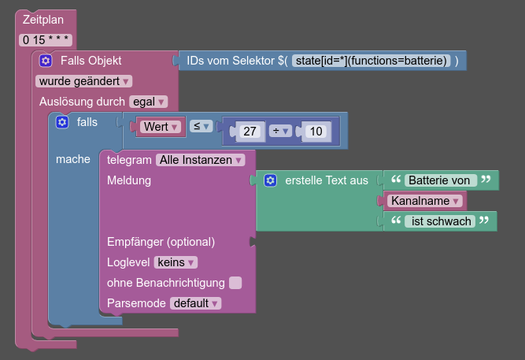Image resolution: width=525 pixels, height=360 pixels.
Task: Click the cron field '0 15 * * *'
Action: click(x=46, y=39)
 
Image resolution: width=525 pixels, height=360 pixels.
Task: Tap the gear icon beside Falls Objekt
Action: click(x=46, y=60)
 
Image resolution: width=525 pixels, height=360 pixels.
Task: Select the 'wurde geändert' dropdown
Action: click(x=84, y=80)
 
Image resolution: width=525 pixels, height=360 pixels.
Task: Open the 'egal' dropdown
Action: click(x=149, y=101)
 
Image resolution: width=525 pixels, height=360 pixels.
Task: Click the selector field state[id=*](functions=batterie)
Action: click(x=371, y=60)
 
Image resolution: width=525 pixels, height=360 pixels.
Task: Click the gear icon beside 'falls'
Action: click(x=62, y=122)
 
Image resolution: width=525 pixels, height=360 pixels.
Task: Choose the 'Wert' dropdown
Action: click(x=161, y=126)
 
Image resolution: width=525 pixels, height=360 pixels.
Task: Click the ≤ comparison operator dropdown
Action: click(x=201, y=125)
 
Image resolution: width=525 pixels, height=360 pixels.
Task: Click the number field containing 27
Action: click(x=250, y=132)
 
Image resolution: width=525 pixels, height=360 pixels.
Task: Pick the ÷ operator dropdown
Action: click(x=281, y=132)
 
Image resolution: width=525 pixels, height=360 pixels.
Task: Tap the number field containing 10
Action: click(x=316, y=132)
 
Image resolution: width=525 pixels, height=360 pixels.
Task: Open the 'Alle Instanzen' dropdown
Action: click(x=200, y=159)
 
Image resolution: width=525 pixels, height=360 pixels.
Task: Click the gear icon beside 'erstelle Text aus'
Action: click(x=271, y=180)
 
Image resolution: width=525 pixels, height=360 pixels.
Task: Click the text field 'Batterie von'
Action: click(x=442, y=180)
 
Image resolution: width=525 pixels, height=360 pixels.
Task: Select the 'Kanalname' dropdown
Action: click(x=428, y=201)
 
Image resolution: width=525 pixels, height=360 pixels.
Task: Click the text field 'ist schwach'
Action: click(x=442, y=221)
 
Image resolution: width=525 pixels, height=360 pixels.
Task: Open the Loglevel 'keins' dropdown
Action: click(x=176, y=262)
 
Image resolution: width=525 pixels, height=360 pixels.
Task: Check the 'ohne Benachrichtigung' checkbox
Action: click(x=235, y=282)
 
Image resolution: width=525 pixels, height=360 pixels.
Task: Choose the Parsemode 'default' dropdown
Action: click(x=196, y=302)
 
